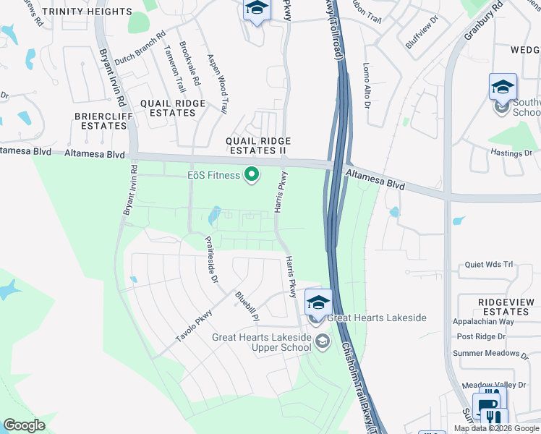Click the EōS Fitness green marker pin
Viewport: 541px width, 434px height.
[252, 175]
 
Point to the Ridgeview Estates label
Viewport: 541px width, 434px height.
[504, 306]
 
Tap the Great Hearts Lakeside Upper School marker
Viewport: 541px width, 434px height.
[323, 341]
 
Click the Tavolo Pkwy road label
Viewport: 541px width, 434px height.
[194, 325]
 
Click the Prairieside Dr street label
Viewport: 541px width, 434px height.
[211, 260]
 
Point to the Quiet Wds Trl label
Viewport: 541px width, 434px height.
[489, 265]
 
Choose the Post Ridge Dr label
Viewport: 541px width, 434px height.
[481, 337]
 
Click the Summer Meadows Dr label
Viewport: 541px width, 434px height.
[490, 354]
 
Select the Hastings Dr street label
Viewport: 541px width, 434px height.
[511, 153]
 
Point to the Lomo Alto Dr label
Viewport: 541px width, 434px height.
[367, 85]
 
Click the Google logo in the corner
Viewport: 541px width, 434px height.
[24, 425]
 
